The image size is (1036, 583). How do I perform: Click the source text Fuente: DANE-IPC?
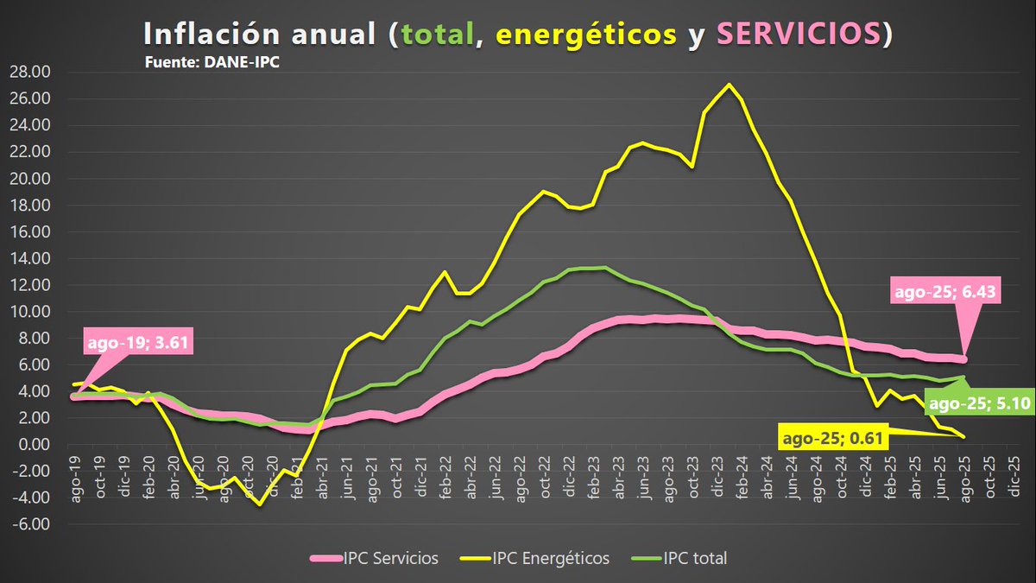coord(212,63)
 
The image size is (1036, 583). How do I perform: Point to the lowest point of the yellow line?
coord(259,504)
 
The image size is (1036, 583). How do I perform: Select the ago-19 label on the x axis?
coord(76,475)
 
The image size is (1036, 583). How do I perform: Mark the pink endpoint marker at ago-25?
coord(963,359)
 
